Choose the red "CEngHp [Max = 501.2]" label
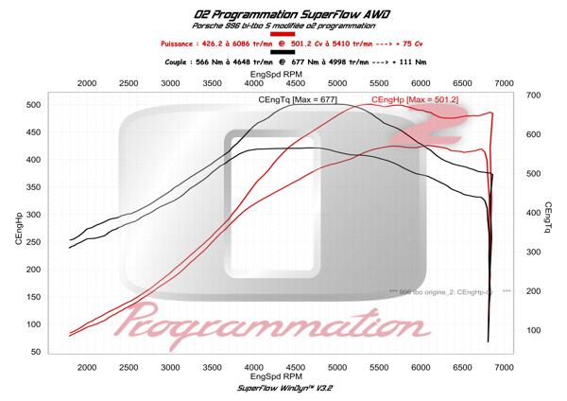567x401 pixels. pos(415,98)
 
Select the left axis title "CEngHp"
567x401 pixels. pos(20,227)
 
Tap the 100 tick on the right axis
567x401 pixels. pos(532,330)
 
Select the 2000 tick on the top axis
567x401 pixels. pos(86,83)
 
